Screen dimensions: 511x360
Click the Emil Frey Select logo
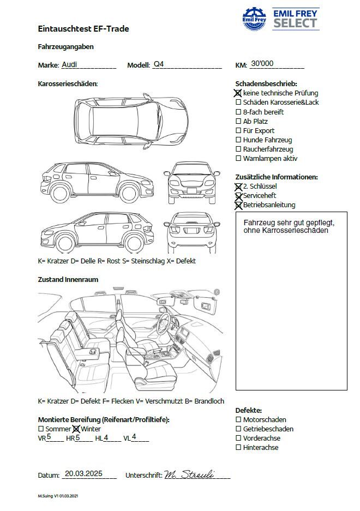[x=280, y=19]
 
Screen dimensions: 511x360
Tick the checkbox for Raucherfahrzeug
[x=238, y=149]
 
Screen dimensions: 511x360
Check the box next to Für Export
[x=238, y=130]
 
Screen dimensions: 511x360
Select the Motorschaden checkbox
[x=238, y=419]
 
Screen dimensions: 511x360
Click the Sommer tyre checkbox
[x=41, y=429]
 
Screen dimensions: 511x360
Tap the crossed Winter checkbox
[x=76, y=429]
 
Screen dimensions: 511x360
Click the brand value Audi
[x=69, y=64]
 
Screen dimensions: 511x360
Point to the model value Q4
[x=158, y=64]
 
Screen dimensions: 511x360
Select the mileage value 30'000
[x=262, y=64]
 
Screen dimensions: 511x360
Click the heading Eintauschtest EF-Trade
[x=83, y=28]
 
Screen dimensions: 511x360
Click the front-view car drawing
[x=192, y=182]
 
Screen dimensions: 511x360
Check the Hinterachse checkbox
[x=238, y=447]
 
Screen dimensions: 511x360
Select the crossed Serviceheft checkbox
[x=238, y=195]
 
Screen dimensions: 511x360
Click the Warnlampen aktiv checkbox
[x=238, y=158]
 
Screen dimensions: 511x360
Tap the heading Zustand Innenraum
[x=68, y=280]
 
